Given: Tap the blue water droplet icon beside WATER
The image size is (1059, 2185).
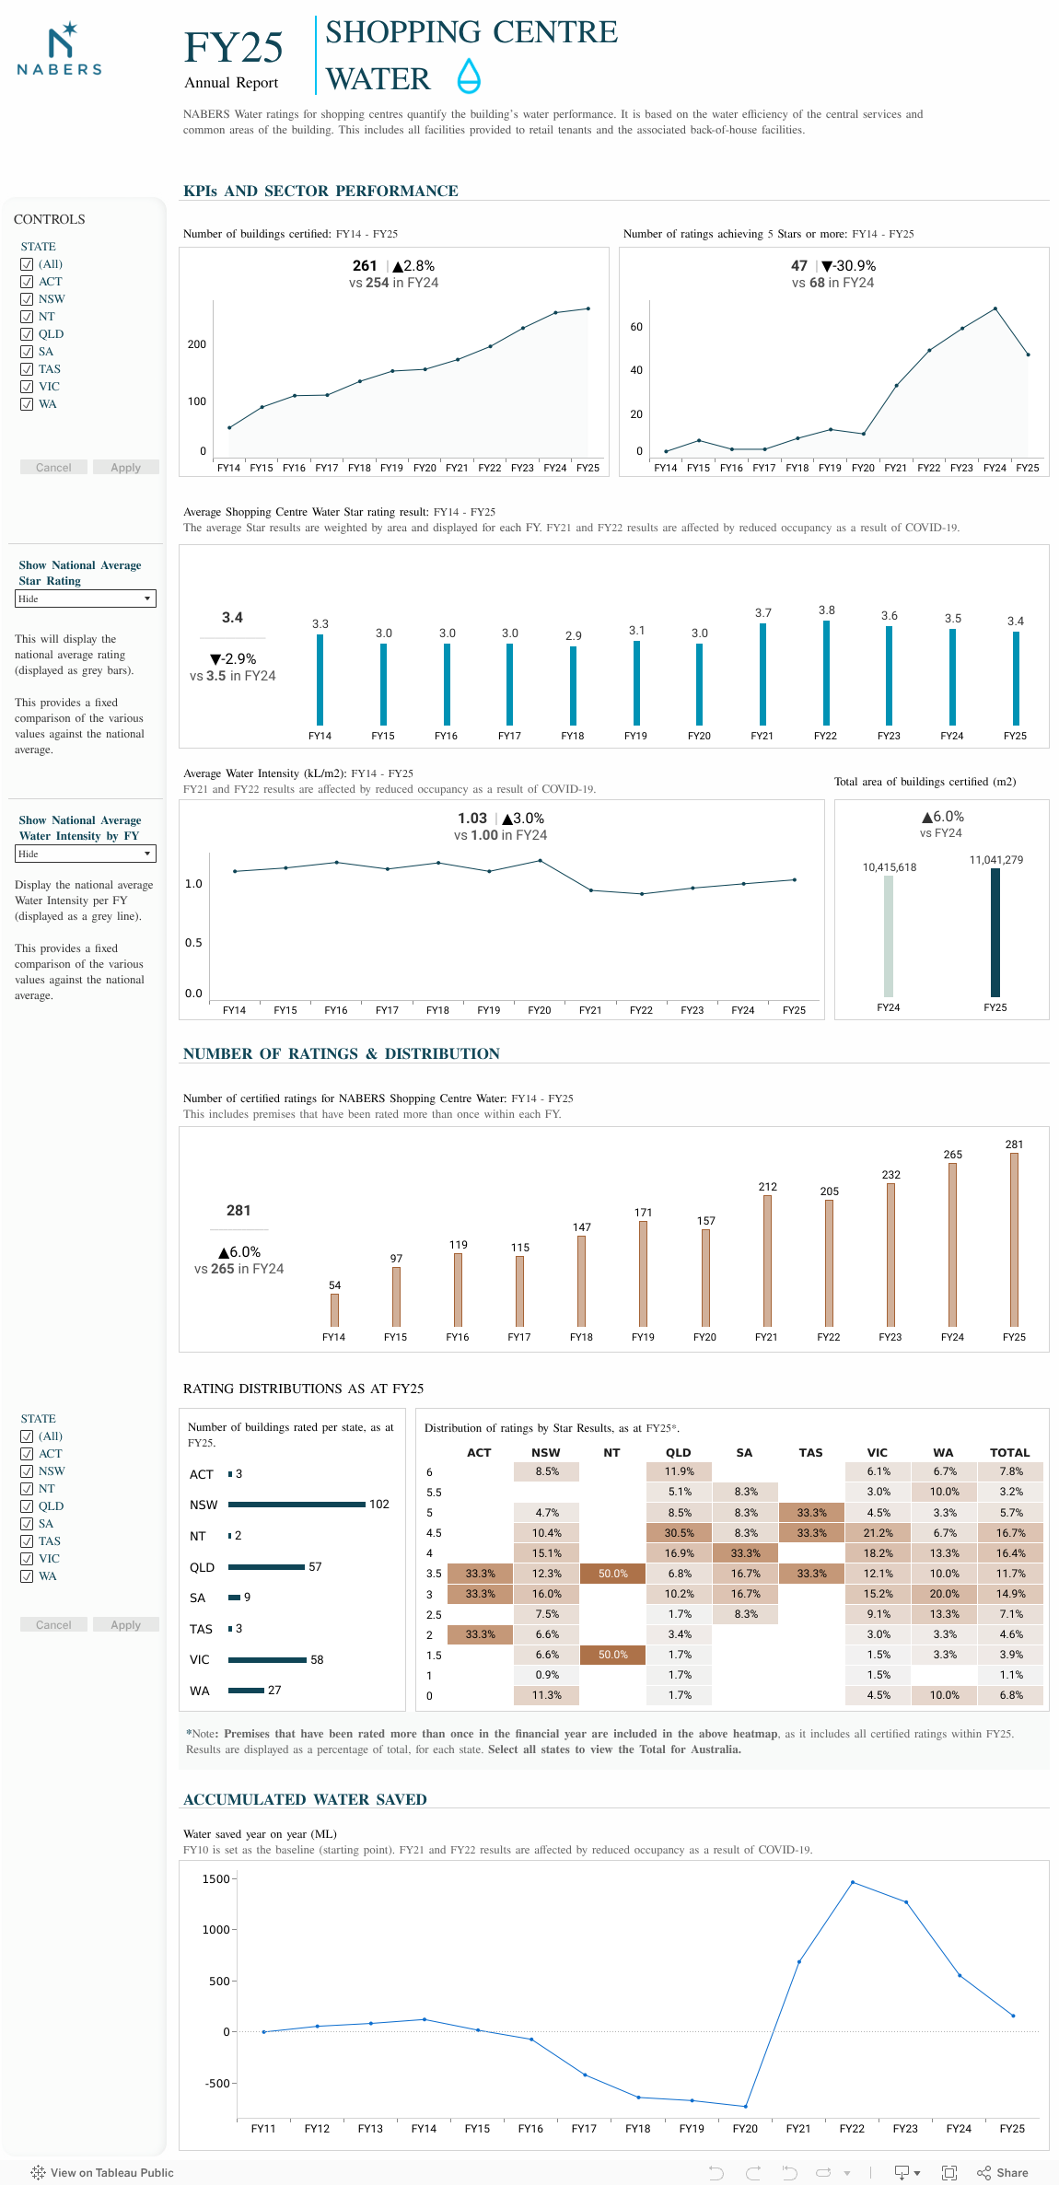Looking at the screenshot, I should (469, 76).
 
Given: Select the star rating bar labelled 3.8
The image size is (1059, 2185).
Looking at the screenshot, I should (826, 672).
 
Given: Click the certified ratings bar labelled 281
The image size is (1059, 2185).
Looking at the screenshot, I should (1014, 1238).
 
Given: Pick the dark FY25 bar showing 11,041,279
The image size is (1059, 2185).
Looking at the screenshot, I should (995, 932).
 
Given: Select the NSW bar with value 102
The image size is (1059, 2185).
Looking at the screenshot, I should (297, 1505).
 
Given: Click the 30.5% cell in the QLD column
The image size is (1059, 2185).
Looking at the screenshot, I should (680, 1533).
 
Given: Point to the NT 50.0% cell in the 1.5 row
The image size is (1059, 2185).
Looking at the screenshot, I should (613, 1655).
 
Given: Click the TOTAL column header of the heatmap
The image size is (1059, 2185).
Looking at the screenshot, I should (1009, 1453).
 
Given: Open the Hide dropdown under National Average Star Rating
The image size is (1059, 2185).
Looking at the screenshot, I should (86, 599).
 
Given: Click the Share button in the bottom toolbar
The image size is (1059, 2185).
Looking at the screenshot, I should (1003, 2172).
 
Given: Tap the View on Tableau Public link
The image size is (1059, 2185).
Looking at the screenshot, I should (102, 2172).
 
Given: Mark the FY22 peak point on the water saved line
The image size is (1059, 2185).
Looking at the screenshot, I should (852, 1882).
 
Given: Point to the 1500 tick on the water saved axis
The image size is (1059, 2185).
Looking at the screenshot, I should (217, 1879).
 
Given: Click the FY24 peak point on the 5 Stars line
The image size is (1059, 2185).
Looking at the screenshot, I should (995, 308).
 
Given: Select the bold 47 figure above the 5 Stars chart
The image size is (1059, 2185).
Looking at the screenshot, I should (799, 266).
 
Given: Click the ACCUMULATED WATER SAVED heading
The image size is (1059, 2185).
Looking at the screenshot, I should (305, 1799).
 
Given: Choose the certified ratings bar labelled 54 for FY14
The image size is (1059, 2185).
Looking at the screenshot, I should (334, 1309).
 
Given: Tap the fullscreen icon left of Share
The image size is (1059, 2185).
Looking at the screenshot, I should (949, 2172).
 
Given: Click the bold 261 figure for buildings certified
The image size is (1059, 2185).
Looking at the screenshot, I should (365, 266).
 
